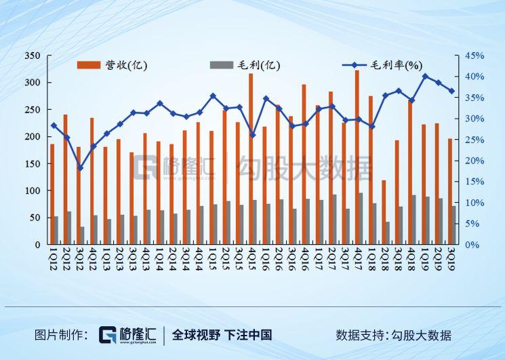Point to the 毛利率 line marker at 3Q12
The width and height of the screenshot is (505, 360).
80,167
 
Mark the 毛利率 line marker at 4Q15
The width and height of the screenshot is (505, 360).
253,135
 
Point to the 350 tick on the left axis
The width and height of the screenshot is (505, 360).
34,56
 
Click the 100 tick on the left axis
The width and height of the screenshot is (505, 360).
34,191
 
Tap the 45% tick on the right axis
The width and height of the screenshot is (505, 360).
474,56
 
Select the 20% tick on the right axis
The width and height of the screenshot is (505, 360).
474,161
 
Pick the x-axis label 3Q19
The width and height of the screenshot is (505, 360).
451,258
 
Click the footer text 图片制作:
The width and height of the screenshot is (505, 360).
61,335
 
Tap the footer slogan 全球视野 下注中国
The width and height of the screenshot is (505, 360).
222,335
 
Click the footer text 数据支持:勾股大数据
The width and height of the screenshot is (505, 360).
393,335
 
